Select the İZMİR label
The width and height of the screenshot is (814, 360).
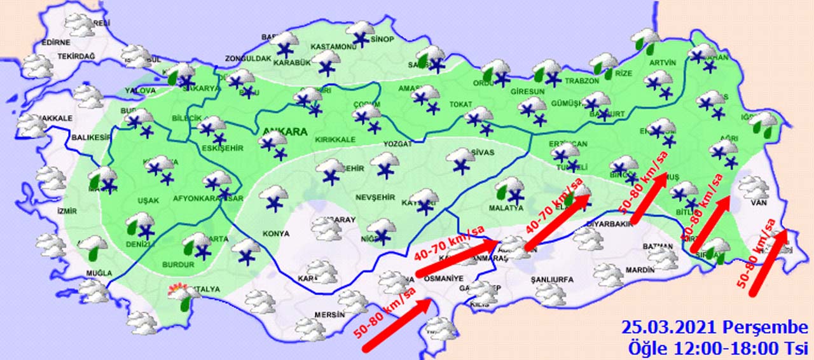coord(66,211)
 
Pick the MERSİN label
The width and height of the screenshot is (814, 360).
coord(329,314)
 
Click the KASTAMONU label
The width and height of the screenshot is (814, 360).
coord(332,47)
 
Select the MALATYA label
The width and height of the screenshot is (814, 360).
coord(507,208)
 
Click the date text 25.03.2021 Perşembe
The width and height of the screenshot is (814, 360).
coord(714,328)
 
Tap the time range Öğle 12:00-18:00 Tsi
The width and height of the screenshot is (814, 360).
coord(717,347)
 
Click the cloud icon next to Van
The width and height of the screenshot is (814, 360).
coord(754,187)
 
